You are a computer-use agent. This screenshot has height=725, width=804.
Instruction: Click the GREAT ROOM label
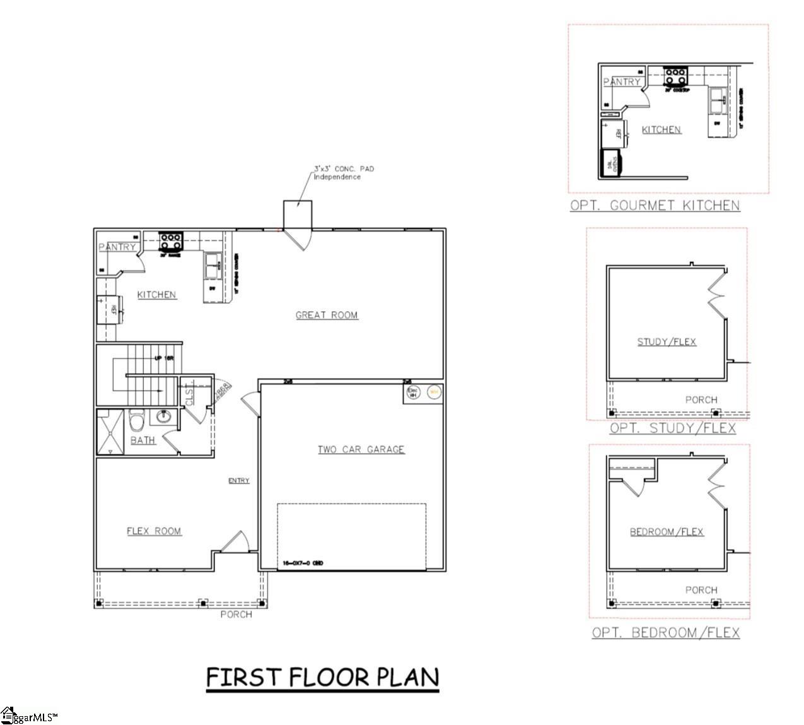click(327, 315)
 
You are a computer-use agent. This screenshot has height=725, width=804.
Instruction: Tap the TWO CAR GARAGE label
click(361, 449)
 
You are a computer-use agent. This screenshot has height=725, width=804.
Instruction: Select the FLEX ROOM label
click(154, 531)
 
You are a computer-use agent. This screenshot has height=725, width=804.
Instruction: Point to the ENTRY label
click(239, 481)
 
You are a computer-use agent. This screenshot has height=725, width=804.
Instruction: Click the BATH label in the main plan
click(143, 440)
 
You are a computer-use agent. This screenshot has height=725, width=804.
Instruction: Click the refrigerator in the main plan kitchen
click(108, 309)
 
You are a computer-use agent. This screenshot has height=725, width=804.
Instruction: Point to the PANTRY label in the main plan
click(117, 247)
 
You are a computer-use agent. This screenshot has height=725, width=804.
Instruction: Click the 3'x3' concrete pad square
click(297, 215)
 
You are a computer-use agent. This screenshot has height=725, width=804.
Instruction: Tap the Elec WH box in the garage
click(413, 392)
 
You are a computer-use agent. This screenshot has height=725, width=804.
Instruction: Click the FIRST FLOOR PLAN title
click(322, 677)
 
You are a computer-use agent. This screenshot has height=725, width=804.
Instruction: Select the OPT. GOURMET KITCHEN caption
click(655, 205)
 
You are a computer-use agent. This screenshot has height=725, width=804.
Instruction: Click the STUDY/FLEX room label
click(667, 342)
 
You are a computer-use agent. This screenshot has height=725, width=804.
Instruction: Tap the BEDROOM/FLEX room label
click(667, 532)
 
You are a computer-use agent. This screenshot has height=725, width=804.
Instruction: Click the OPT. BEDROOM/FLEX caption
click(665, 632)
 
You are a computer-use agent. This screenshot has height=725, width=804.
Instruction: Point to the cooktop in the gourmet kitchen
click(675, 76)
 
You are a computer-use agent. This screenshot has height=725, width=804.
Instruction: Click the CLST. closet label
click(189, 396)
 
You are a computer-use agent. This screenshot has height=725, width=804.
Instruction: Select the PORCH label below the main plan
click(236, 614)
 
